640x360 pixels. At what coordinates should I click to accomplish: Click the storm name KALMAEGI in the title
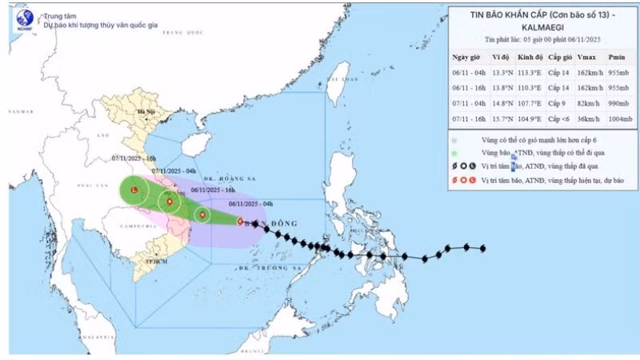542,26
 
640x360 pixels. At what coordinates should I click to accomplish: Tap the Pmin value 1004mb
616,119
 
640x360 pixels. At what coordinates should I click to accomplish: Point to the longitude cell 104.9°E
529,119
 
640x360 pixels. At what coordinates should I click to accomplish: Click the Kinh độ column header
529,58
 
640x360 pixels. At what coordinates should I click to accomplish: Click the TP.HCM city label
144,262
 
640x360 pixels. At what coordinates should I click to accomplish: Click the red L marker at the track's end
134,190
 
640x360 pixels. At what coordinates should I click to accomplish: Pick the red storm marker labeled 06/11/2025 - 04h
240,222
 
